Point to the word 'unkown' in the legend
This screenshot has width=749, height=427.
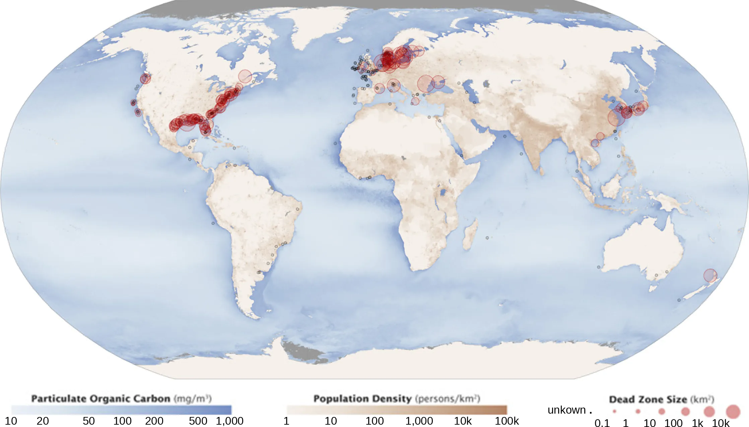[x=566, y=410]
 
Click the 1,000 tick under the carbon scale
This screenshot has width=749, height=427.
[x=229, y=421]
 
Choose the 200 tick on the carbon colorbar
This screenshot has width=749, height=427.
[x=154, y=421]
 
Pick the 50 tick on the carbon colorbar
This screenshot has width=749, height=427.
[x=89, y=421]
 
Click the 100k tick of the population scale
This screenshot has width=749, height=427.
[x=507, y=421]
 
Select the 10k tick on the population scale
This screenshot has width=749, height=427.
[x=463, y=421]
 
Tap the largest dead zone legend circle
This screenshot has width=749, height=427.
[x=733, y=412]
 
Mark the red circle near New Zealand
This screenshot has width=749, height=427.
[x=710, y=275]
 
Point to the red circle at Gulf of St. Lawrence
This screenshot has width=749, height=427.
[x=245, y=76]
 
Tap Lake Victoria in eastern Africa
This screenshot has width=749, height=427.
[x=442, y=192]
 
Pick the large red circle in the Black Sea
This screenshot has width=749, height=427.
[x=426, y=84]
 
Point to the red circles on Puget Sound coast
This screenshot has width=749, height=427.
[x=145, y=79]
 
